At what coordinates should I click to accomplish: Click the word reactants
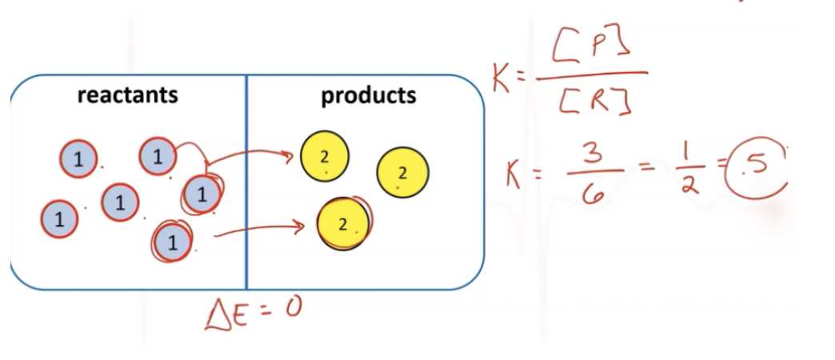(x=128, y=95)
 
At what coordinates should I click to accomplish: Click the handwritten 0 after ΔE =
(x=293, y=307)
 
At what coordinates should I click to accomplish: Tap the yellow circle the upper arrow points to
(x=324, y=157)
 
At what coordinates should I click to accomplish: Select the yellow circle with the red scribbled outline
(x=343, y=224)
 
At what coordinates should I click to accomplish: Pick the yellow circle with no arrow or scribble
(x=402, y=173)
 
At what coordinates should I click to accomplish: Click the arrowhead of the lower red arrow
(x=299, y=227)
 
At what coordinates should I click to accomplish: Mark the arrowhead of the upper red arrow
(x=289, y=157)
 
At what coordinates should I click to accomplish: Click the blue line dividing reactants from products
(x=246, y=182)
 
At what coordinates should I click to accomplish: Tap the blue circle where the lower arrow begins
(x=171, y=242)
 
